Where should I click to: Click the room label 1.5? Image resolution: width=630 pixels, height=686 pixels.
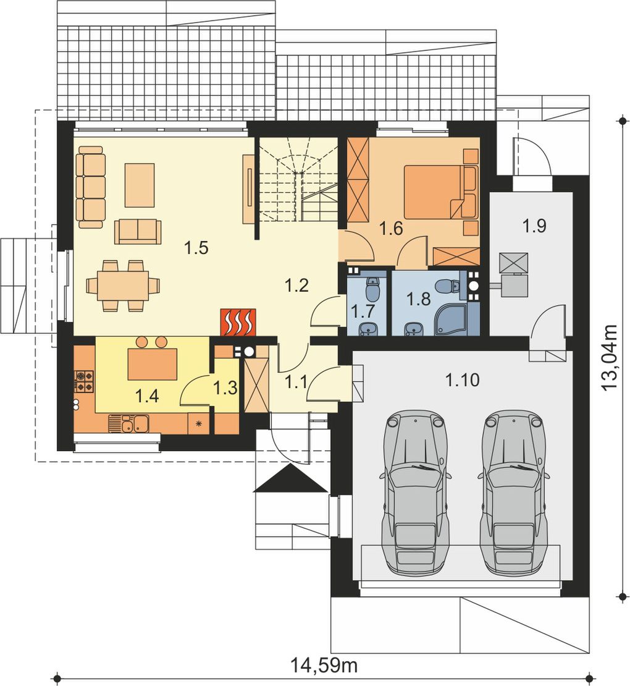pos(196,248)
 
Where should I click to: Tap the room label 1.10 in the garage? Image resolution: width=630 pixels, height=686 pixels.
pos(462,380)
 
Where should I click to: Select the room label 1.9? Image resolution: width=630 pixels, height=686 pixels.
pos(534,226)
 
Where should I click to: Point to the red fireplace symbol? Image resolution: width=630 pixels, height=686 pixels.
pos(238,323)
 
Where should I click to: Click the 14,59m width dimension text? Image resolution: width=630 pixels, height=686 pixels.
pos(324,666)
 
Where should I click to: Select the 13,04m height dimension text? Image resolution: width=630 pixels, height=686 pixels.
pos(609,357)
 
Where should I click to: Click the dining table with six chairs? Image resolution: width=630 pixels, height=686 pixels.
pos(123,286)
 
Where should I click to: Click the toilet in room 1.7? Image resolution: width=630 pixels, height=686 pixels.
pos(372,286)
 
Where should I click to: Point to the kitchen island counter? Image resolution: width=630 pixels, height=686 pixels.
pos(152,364)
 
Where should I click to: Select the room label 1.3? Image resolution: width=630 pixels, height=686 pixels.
pos(225,387)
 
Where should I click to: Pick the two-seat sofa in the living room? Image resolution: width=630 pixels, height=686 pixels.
pos(138,231)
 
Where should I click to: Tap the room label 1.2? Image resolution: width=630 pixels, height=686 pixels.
pos(296,286)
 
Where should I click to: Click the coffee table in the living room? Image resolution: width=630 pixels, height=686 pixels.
pos(140,185)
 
